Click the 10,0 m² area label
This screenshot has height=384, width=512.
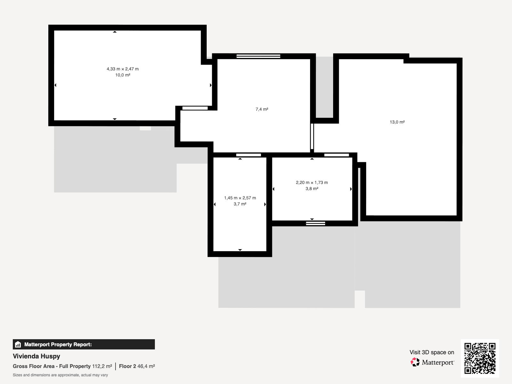[123, 75]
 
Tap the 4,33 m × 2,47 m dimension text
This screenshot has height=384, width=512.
[123, 69]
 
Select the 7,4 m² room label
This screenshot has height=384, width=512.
[262, 109]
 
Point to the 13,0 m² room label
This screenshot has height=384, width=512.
[397, 122]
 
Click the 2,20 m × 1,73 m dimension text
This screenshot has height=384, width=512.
[312, 182]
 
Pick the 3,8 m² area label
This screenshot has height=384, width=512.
[312, 188]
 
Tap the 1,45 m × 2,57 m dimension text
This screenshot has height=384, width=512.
[240, 198]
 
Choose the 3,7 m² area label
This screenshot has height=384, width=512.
[240, 204]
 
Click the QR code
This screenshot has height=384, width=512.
[480, 358]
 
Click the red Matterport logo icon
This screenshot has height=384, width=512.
[415, 362]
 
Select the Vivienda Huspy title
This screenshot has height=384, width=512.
[36, 356]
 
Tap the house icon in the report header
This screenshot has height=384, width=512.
[18, 344]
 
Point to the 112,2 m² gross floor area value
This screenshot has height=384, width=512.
[102, 366]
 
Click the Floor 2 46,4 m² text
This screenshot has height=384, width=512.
[137, 366]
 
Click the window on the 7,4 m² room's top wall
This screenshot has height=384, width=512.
[258, 56]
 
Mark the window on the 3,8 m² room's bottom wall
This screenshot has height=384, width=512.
[316, 223]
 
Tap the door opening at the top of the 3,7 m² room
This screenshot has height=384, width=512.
[248, 155]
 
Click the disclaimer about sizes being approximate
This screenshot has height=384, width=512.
[60, 375]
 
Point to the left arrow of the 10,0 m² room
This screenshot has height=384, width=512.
[55, 85]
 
